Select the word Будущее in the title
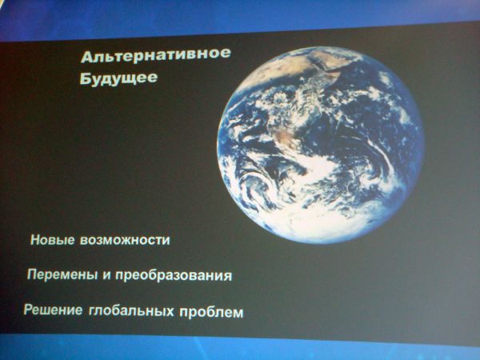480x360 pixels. [118, 78]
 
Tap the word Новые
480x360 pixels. [53, 240]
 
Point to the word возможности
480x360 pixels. [125, 240]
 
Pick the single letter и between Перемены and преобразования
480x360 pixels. [106, 275]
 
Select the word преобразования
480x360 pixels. [174, 276]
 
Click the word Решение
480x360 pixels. [54, 310]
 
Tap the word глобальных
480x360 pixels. [131, 310]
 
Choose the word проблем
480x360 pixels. [211, 313]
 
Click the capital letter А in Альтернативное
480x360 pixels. [87, 58]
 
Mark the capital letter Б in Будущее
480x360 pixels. [85, 78]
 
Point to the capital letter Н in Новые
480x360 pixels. [35, 240]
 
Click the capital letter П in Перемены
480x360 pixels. [32, 274]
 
